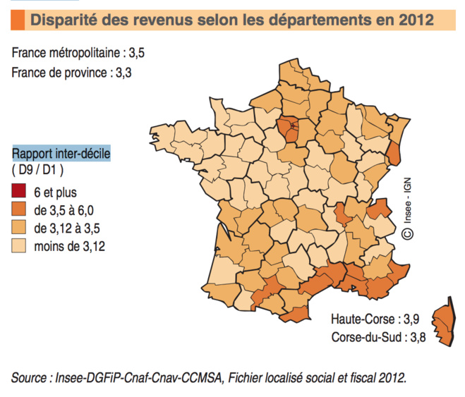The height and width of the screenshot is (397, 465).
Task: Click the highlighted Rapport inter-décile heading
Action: click(61, 153)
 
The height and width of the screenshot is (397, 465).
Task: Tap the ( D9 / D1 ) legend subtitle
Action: click(38, 170)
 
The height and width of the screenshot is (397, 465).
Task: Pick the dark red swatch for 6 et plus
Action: click(18, 192)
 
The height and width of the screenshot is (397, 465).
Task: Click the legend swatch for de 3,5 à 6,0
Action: click(18, 209)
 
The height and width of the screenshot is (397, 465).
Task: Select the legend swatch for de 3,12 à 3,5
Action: click(18, 228)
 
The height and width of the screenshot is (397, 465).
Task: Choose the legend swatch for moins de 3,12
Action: click(18, 246)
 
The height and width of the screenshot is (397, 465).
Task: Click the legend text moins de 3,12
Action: click(70, 246)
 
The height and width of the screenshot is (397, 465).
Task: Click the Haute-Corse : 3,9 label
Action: click(370, 319)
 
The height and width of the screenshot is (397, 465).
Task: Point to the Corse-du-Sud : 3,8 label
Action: click(370, 337)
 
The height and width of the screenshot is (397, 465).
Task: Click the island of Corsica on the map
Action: click(442, 324)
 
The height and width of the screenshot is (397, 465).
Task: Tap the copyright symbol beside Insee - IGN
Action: click(408, 231)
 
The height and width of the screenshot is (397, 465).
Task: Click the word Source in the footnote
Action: click(29, 378)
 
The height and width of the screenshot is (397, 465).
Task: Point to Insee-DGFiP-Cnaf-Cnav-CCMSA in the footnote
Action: click(140, 378)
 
